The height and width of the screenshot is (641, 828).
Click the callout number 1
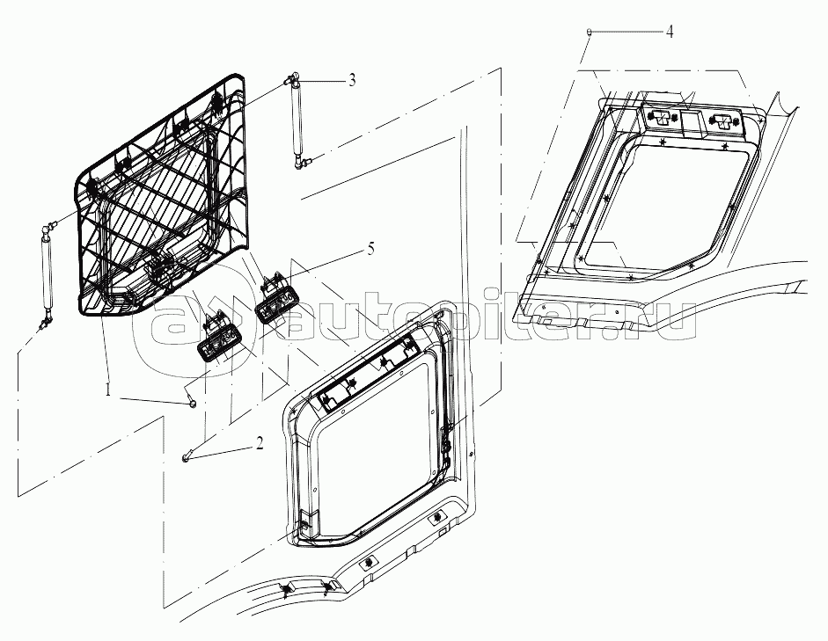coord(108,391)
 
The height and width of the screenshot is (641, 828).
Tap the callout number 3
coord(351,80)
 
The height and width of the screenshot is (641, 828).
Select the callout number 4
coord(669,33)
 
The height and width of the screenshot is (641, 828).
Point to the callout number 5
coord(370,249)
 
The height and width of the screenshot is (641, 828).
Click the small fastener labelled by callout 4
coord(589,33)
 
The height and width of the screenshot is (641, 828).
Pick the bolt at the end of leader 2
coord(186,457)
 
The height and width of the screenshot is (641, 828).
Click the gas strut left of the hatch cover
coord(48,274)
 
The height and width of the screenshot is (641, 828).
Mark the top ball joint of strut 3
coord(289,80)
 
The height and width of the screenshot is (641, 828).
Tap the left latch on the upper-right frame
coord(658,116)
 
